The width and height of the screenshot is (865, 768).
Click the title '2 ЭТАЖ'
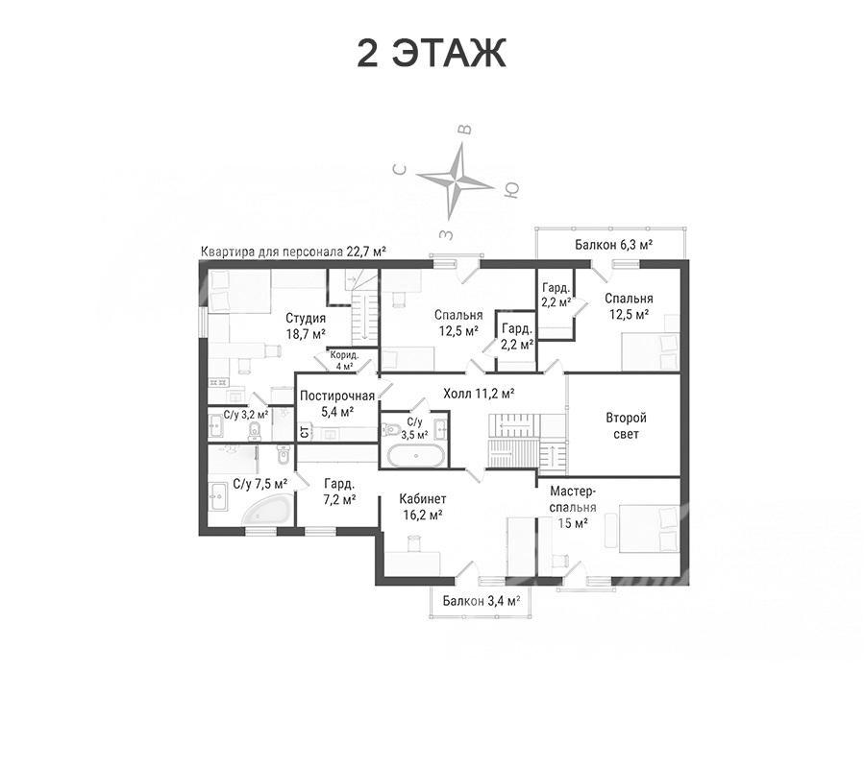click(432, 54)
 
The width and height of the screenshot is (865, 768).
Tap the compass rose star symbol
click(456, 181)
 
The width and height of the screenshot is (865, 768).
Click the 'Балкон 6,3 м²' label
click(613, 244)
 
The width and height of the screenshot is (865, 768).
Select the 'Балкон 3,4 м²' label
click(482, 601)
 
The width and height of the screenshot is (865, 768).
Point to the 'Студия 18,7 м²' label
click(305, 325)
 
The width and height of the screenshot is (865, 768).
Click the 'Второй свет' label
click(626, 426)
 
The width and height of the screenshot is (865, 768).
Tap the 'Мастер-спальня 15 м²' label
click(573, 507)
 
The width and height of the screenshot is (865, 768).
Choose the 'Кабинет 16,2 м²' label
click(423, 507)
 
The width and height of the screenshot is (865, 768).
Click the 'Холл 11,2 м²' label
click(479, 394)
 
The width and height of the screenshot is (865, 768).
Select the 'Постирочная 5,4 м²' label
click(337, 403)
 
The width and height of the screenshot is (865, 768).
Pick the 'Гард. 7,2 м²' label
click(339, 492)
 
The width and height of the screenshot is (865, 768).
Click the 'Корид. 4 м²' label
click(345, 360)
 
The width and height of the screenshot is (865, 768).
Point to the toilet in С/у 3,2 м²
click(256, 431)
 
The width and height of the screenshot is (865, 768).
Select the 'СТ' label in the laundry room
click(304, 431)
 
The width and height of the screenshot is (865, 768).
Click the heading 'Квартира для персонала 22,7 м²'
click(293, 252)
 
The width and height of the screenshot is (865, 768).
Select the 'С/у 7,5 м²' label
click(260, 484)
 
